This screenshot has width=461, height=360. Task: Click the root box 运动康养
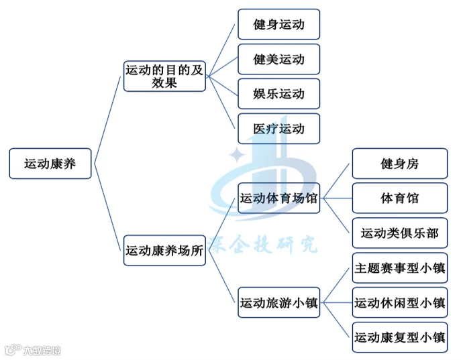coord(50,164)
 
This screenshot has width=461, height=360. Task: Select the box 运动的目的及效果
coord(164,76)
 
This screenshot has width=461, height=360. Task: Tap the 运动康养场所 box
coord(164,251)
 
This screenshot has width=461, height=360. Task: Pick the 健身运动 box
coord(278,24)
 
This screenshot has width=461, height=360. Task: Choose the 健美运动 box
coord(278,59)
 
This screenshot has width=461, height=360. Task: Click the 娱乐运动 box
coord(278,94)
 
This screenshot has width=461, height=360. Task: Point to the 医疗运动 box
coord(278,129)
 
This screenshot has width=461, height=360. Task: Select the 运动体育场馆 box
coord(278,198)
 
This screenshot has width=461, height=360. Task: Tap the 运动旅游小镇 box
coord(278,302)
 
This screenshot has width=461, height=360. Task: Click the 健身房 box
coord(400,164)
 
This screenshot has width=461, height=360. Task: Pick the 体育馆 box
coord(400,198)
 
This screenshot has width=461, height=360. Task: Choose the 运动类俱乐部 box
coord(400,233)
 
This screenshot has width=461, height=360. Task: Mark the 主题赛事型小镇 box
coord(400,267)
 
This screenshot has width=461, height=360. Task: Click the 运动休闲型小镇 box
coord(400,302)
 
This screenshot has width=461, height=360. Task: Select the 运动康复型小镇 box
coord(400,337)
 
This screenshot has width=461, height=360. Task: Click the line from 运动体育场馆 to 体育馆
coord(338,198)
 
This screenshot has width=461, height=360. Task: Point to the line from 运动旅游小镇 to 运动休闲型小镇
coord(338,302)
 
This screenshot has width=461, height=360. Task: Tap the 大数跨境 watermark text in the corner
coord(42,351)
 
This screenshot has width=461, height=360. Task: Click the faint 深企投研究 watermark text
coord(262,244)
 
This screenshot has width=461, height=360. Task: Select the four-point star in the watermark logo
coord(237,154)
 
